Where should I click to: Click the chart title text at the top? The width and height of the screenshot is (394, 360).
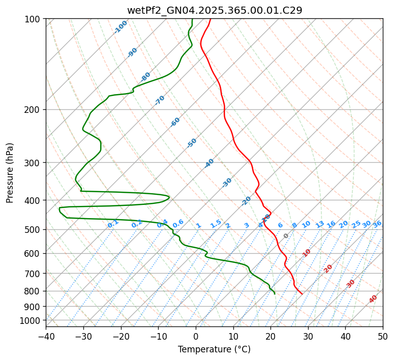214,10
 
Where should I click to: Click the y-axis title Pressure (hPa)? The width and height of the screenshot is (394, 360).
10,172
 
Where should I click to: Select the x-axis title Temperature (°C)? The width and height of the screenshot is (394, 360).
214,350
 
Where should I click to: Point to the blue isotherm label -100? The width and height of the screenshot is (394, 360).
121,27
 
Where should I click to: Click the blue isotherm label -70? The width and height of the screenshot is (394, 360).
160,100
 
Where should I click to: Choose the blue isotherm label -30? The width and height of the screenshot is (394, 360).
227,182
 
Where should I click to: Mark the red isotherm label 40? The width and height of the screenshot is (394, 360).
373,299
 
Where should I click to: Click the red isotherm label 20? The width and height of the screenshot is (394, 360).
328,268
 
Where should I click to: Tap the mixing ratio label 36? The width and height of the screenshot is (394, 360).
377,224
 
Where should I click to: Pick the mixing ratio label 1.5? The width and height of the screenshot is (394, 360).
216,224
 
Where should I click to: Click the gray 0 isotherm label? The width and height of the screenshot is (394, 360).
286,236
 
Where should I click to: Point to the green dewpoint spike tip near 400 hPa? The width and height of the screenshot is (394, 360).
169,197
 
